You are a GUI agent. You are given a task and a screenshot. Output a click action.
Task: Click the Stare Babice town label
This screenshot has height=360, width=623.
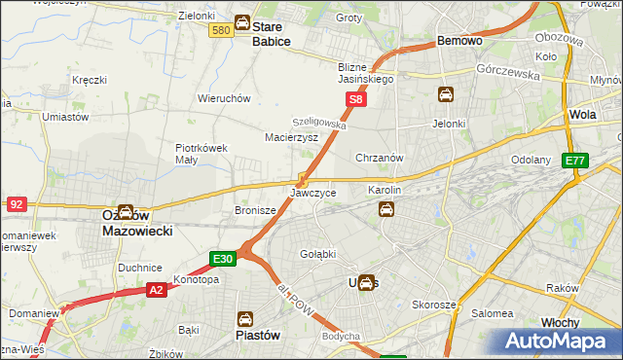(266, 34)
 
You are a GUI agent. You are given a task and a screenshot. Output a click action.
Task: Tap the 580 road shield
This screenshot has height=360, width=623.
(220, 31)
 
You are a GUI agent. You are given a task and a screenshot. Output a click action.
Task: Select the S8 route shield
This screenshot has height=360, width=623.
(357, 99)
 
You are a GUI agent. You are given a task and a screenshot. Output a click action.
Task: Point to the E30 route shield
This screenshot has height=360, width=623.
(223, 258)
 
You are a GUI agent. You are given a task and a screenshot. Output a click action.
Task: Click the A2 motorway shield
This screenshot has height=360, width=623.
(156, 289)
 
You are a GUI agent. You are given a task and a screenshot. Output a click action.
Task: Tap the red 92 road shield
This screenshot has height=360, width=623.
(16, 203)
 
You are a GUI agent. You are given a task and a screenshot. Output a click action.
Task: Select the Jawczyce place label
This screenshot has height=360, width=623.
(313, 193)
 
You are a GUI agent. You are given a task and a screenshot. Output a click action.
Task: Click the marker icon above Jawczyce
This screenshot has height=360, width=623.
(303, 179)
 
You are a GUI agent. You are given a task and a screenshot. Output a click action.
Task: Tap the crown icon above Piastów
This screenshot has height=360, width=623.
(245, 317)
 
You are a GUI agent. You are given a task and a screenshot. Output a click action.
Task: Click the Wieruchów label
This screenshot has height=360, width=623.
(225, 98)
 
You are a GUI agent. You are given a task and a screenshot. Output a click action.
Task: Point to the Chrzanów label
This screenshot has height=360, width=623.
(380, 157)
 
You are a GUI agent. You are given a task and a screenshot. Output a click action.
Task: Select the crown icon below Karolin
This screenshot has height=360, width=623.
(386, 208)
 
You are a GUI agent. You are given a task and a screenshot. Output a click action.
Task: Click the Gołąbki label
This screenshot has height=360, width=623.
(316, 253)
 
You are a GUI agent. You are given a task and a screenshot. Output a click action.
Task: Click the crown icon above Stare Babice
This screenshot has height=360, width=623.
(242, 23)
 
